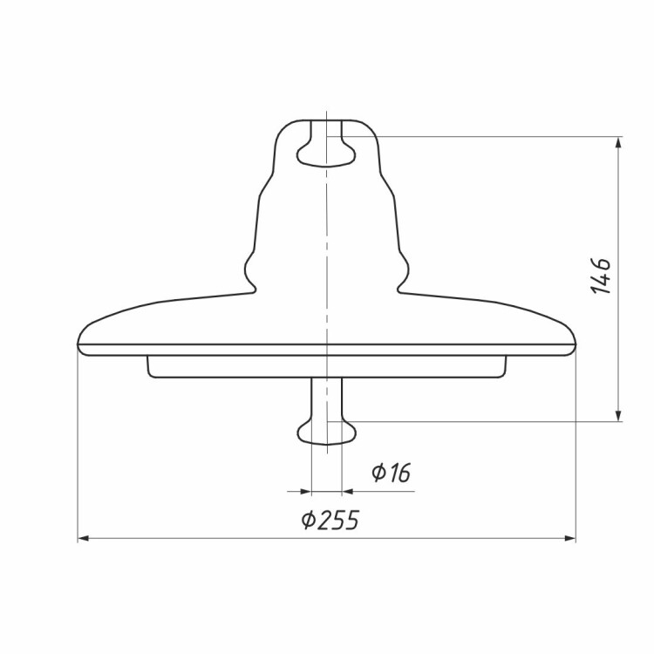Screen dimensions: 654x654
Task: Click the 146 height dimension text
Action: [x=601, y=276]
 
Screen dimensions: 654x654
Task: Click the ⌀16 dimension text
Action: [x=392, y=473]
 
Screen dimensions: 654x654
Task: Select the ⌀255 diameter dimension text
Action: [x=330, y=520]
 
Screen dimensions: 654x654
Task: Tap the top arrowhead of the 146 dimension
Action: [x=618, y=142]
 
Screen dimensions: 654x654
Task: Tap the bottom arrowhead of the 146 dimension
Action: [x=618, y=415]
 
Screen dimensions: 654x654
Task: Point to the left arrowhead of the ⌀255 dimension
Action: [x=84, y=539]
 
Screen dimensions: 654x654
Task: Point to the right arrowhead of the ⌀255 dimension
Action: [x=570, y=539]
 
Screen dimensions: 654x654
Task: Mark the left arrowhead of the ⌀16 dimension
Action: [x=306, y=492]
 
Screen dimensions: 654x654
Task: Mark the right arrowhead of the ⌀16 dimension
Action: [x=347, y=492]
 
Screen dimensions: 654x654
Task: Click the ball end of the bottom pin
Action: [x=327, y=433]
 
